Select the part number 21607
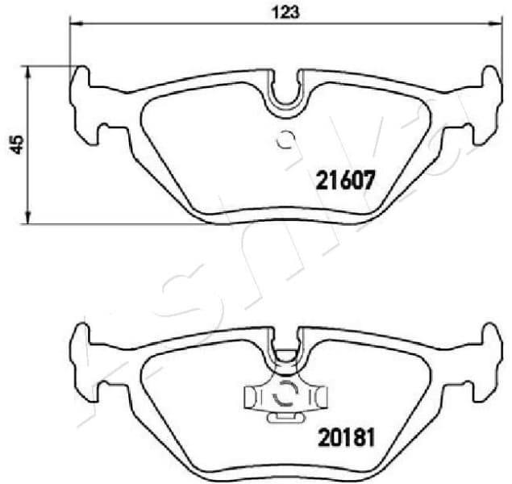coord(343,181)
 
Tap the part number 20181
coord(343,440)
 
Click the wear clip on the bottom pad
coord(286,396)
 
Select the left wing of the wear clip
coord(252,396)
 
